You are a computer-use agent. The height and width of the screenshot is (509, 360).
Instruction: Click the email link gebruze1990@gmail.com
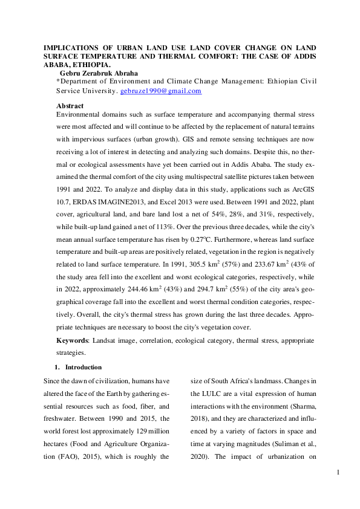point(161,91)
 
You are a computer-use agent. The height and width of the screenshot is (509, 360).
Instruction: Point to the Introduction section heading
point(83,367)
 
